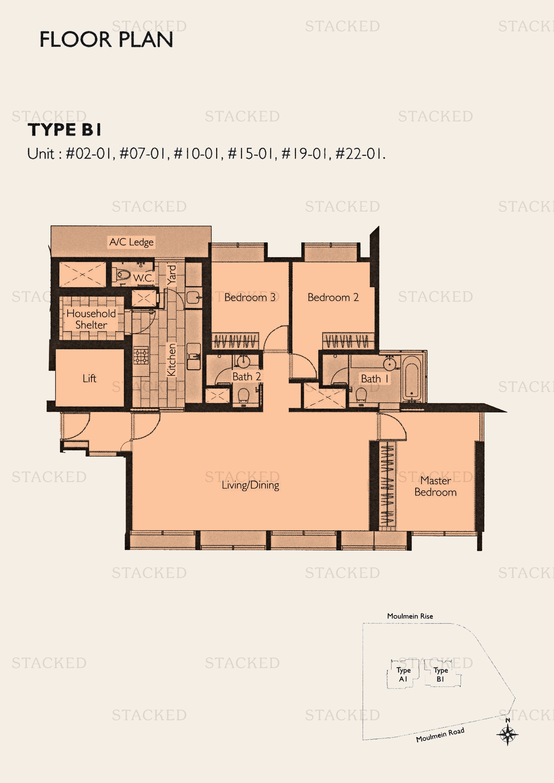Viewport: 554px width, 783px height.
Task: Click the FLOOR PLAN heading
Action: pos(106,39)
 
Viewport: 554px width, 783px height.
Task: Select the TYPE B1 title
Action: pos(64,130)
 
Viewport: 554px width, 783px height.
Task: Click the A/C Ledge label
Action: pos(131,242)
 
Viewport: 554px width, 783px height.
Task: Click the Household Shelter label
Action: pos(91,319)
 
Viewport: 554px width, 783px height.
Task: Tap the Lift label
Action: pos(89,378)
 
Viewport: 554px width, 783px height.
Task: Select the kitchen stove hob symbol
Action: pos(141,356)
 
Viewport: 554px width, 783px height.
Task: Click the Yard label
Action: pos(171,275)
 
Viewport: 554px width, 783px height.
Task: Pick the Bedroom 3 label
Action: pos(250,297)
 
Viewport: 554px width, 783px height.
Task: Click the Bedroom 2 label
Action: pos(333,297)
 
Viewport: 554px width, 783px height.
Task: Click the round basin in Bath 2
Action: pos(243,362)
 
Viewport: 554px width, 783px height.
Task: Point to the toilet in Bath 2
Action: pos(243,396)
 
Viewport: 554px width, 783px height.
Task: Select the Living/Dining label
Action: pos(251,485)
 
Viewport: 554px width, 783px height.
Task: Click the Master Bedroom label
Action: pos(435,486)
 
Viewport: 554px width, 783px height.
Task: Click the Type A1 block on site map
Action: pos(403,675)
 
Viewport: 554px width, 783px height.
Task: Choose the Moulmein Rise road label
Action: pos(410,616)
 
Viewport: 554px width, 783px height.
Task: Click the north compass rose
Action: pos(507,734)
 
